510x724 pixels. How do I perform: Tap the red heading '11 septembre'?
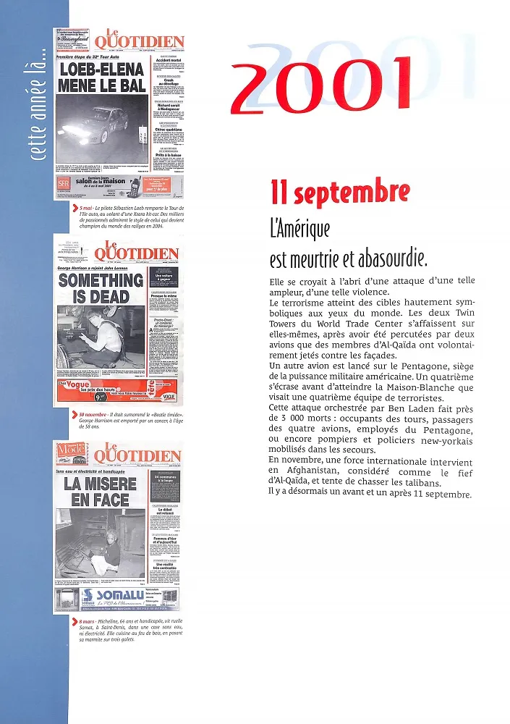coord(339,193)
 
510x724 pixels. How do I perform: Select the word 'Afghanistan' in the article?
coord(297,471)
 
